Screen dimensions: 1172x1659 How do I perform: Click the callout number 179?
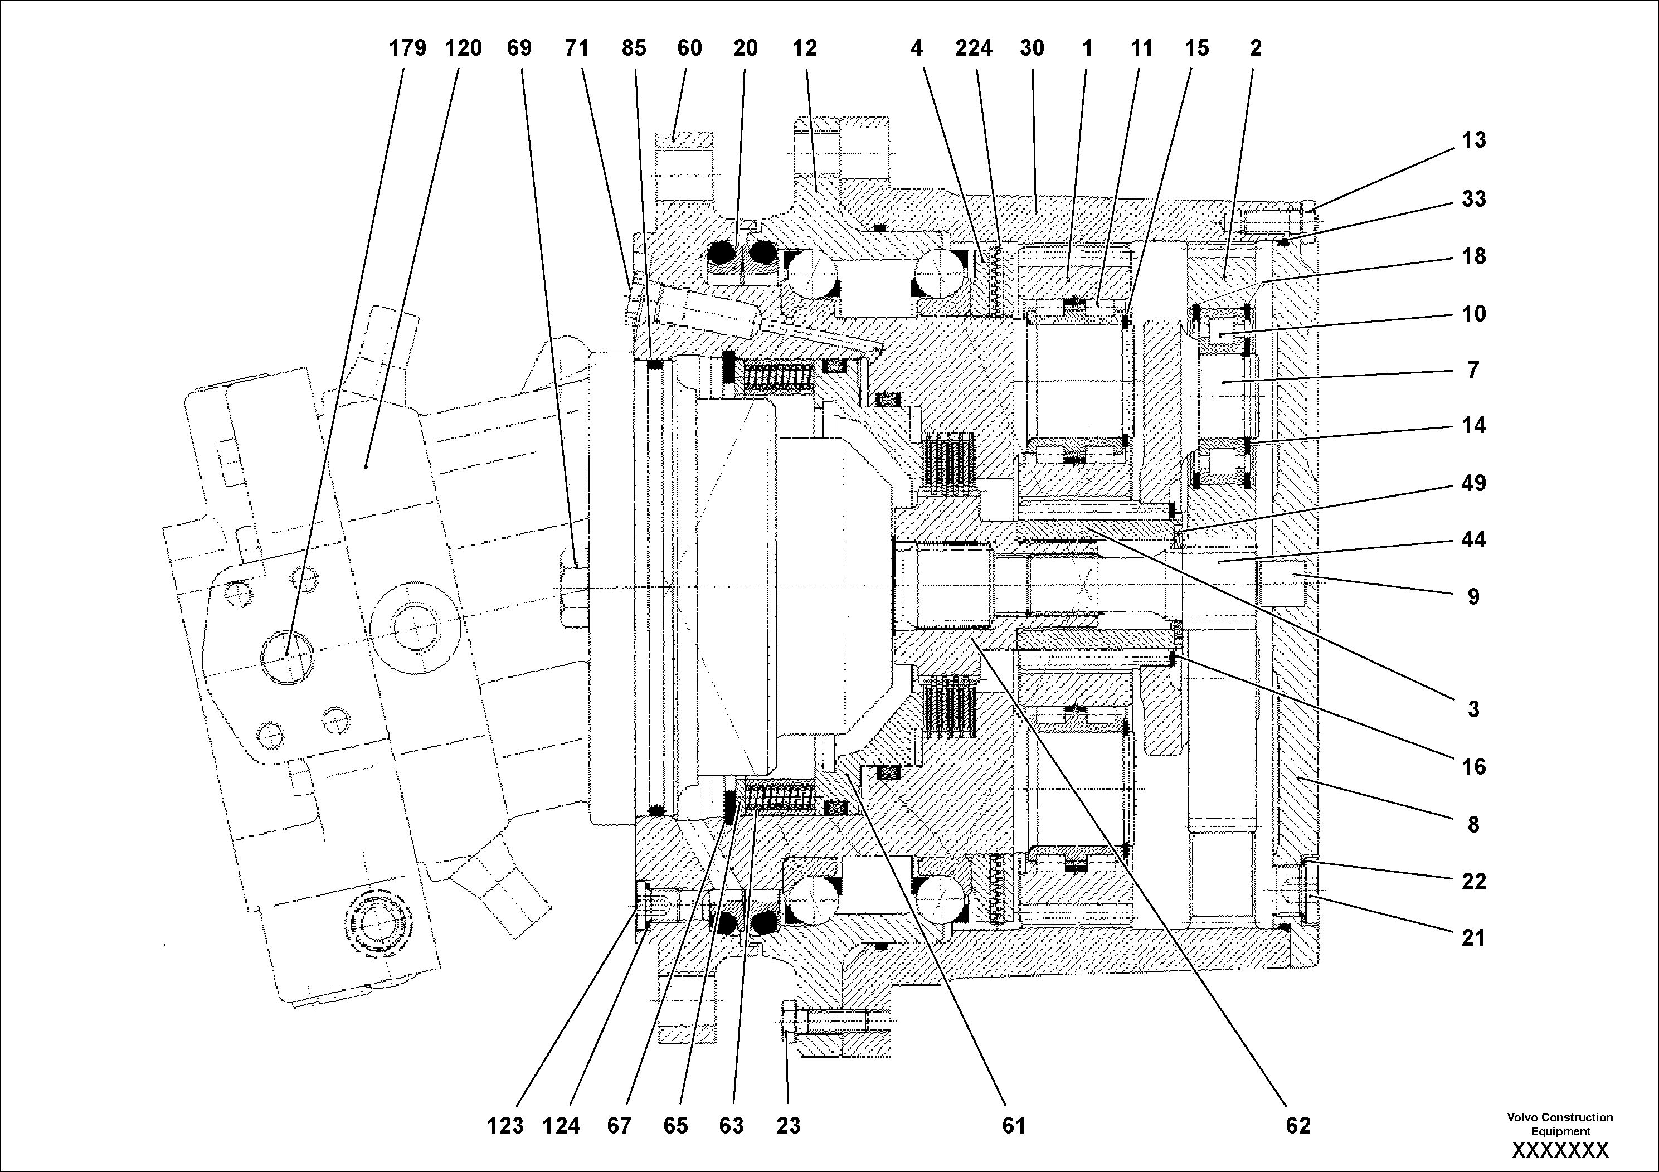[x=407, y=48]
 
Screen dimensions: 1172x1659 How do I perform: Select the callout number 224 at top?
[x=974, y=48]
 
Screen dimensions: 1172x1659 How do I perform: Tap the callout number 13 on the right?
[x=1473, y=140]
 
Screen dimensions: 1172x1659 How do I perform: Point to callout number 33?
[x=1473, y=199]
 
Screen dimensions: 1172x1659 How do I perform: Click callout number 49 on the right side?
[x=1473, y=483]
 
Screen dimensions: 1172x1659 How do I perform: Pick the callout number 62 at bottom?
[x=1298, y=1125]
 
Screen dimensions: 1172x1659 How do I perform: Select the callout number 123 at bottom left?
[x=504, y=1125]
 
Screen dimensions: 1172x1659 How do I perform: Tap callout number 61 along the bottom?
[x=1014, y=1125]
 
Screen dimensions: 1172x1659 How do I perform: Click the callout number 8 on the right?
[x=1473, y=824]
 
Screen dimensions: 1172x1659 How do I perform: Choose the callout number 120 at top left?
[x=463, y=48]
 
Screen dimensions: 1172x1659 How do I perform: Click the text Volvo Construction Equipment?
[x=1560, y=1124]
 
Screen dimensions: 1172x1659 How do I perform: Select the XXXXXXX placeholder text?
[x=1560, y=1150]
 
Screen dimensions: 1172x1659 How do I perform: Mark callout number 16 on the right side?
[x=1473, y=767]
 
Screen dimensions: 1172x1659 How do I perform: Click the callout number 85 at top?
[x=634, y=48]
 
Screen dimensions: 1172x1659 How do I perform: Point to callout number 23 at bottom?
[x=789, y=1125]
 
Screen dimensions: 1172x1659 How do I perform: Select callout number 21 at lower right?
[x=1473, y=938]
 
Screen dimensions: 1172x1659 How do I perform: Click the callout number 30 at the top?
[x=1032, y=48]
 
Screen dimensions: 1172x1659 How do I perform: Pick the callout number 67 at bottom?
[x=619, y=1125]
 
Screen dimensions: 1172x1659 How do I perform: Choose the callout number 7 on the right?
[x=1473, y=370]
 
